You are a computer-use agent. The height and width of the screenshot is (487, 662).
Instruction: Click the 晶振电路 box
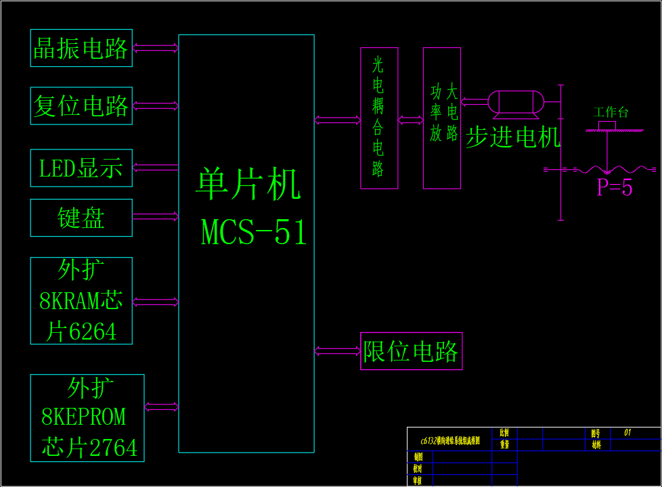pyautogui.click(x=81, y=48)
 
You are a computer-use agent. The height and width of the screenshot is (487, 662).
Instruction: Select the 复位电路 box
pyautogui.click(x=81, y=106)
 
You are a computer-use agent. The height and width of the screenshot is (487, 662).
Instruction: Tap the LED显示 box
pyautogui.click(x=81, y=168)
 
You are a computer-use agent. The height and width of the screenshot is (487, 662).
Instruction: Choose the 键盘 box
pyautogui.click(x=81, y=218)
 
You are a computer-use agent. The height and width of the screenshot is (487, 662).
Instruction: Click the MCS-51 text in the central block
pyautogui.click(x=254, y=233)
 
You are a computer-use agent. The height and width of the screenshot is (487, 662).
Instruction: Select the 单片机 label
pyautogui.click(x=248, y=184)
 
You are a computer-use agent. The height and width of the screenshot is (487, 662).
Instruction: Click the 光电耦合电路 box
pyautogui.click(x=379, y=118)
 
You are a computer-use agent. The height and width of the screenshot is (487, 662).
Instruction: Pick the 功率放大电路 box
pyautogui.click(x=442, y=118)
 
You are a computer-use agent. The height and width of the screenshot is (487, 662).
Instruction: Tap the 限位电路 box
pyautogui.click(x=411, y=351)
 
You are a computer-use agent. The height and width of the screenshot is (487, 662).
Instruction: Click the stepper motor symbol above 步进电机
pyautogui.click(x=516, y=102)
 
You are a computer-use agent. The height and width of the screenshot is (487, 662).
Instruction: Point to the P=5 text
pyautogui.click(x=615, y=187)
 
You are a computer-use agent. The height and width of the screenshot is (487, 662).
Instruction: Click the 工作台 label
pyautogui.click(x=611, y=112)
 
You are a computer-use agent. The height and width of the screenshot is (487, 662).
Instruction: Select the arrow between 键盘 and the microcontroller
pyautogui.click(x=155, y=216)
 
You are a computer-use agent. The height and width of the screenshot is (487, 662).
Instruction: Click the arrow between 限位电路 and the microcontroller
pyautogui.click(x=337, y=350)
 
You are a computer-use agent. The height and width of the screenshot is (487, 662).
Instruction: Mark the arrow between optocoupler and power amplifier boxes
pyautogui.click(x=410, y=120)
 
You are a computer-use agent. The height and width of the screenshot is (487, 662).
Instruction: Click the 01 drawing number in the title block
pyautogui.click(x=627, y=432)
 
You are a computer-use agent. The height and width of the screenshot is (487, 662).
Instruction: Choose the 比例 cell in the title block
pyautogui.click(x=504, y=433)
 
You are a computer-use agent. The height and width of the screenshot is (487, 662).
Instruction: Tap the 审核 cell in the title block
pyautogui.click(x=418, y=480)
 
